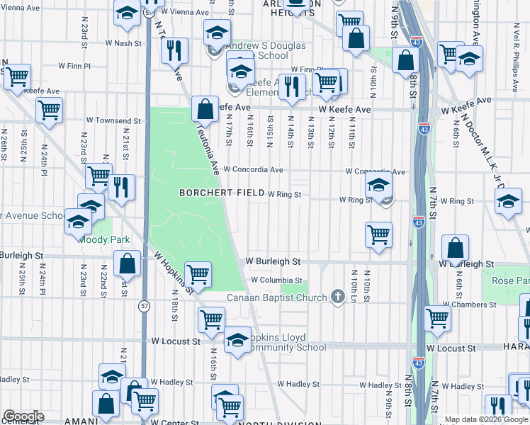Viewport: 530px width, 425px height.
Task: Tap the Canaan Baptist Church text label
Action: [x=277, y=297]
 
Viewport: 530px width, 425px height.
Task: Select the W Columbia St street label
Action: [x=278, y=280]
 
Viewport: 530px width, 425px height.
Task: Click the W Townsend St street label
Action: [x=114, y=121]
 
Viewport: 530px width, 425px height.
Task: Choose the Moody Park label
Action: [x=101, y=239]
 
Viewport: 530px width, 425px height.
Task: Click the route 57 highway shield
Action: [x=145, y=306]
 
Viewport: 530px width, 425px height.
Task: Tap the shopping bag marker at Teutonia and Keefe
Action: [x=205, y=110]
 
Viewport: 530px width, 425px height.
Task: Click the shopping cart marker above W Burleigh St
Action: [x=379, y=234]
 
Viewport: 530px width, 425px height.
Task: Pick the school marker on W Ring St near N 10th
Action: [x=379, y=188]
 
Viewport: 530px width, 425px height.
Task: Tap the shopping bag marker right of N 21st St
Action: [x=126, y=264]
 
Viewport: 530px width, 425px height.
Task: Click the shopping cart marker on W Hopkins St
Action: [x=198, y=275]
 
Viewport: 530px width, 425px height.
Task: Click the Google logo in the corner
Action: [x=23, y=416]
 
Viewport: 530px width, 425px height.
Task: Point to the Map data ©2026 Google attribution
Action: [x=486, y=419]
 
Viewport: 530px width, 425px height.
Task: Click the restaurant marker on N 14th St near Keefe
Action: [x=292, y=86]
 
